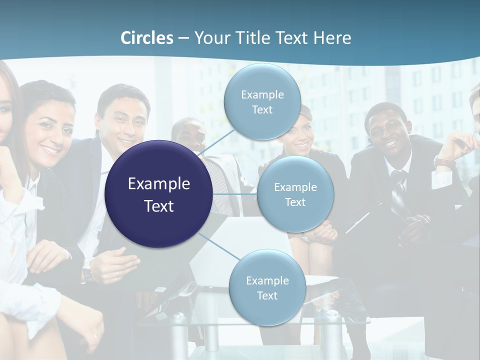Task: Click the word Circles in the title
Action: [147, 38]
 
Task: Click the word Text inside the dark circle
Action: [159, 206]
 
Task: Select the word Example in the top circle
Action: [262, 94]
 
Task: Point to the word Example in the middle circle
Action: [295, 187]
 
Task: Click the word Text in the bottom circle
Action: [267, 295]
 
